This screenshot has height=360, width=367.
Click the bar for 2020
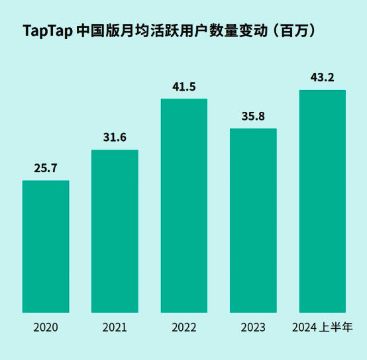(46, 246)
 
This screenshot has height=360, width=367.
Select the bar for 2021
(115, 231)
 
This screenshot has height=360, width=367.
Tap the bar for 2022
(184, 205)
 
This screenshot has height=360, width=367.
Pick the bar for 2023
(253, 220)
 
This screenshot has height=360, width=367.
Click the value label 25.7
(46, 168)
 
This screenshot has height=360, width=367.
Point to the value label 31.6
(115, 138)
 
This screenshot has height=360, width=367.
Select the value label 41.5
(184, 87)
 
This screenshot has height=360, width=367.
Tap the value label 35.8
(253, 116)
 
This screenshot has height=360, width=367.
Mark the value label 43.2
(323, 78)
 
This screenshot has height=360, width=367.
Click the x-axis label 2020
(46, 328)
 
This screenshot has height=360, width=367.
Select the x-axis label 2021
(115, 328)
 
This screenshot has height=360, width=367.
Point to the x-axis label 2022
(184, 328)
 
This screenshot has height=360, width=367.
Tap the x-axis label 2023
(253, 328)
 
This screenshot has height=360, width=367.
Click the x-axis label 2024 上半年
(323, 328)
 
